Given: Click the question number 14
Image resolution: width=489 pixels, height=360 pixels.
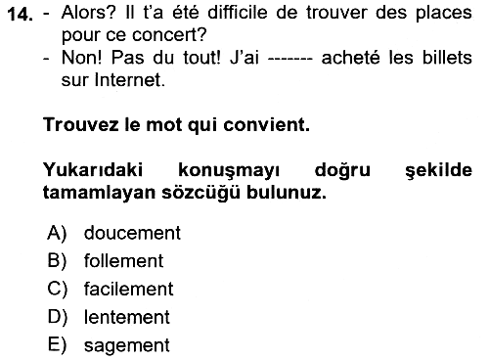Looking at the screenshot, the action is coord(21,15).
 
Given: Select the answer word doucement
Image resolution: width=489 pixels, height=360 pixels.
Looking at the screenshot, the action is coord(132,233).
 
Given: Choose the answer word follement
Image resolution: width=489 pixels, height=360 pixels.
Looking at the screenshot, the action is coord(123,260).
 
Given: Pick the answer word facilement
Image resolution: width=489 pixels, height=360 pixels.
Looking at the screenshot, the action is coord(128,289).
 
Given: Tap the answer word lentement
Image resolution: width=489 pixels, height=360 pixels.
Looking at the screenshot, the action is coord(127,317).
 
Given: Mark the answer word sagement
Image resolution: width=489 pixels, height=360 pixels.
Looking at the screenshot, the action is coord(127,345).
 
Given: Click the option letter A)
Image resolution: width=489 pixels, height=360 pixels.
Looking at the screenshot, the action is coord(57,233).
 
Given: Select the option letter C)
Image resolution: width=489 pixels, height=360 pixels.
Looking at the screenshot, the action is coord(58,289).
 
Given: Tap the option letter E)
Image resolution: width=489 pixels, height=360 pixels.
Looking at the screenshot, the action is coord(57,345).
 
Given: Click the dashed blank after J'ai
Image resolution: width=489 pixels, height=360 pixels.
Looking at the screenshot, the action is coord(289,60).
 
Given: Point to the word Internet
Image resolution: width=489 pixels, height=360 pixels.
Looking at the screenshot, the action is coord(130,80).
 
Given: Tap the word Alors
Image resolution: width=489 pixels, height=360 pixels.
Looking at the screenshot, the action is coord(88,13).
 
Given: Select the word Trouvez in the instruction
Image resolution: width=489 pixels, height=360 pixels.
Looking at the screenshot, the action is coord(80,124).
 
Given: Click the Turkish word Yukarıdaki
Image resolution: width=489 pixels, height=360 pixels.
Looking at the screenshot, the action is coord(93,170).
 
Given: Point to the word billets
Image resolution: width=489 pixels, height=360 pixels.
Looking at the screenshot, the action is coord(447,58).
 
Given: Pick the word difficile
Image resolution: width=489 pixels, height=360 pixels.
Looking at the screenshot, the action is coord(238,13).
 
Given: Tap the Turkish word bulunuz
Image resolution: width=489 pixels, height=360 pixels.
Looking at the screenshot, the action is coord(286,193).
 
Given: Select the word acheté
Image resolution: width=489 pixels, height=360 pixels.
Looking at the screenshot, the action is coord(350,58).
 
